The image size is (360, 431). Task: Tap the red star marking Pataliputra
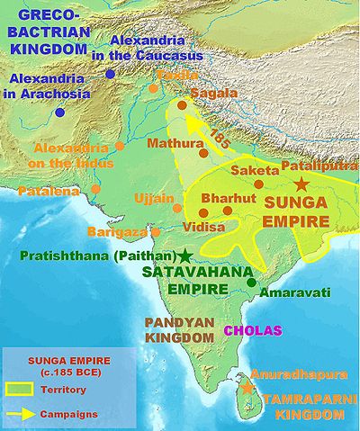(x=312, y=183)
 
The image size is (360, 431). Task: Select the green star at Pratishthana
(x=185, y=255)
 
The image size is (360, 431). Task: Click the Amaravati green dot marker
(x=252, y=283)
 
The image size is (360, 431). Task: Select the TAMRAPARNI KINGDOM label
(x=297, y=406)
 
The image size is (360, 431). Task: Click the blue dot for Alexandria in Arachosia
(x=59, y=112)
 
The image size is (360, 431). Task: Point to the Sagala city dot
(x=182, y=106)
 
